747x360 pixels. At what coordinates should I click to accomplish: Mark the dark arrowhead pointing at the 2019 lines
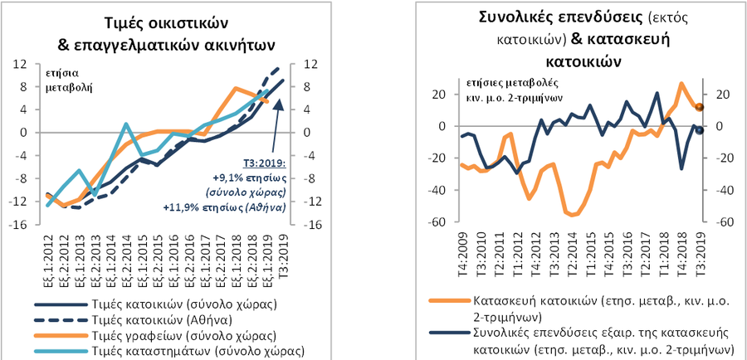pyautogui.click(x=278, y=105)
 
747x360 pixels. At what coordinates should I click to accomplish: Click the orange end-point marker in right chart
pyautogui.click(x=700, y=107)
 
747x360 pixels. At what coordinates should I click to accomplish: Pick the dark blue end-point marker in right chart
pyautogui.click(x=700, y=130)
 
